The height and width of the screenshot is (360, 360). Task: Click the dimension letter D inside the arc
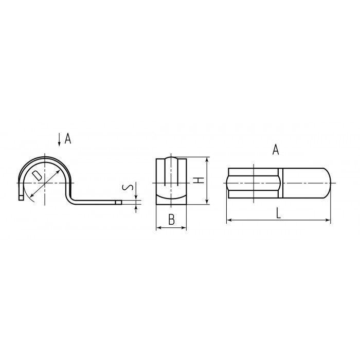click(x=37, y=175)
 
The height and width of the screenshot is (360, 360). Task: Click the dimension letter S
click(x=128, y=188)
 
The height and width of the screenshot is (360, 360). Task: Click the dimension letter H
click(x=198, y=180)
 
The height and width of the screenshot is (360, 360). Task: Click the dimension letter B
click(x=171, y=219)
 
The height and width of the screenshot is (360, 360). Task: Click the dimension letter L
click(x=278, y=213)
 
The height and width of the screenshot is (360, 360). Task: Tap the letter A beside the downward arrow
click(x=68, y=138)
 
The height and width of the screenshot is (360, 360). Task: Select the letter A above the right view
click(x=276, y=150)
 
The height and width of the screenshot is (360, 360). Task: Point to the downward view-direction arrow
click(x=59, y=139)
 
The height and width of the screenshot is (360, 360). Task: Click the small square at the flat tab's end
click(x=118, y=202)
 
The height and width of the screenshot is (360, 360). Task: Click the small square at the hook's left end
click(x=21, y=197)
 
